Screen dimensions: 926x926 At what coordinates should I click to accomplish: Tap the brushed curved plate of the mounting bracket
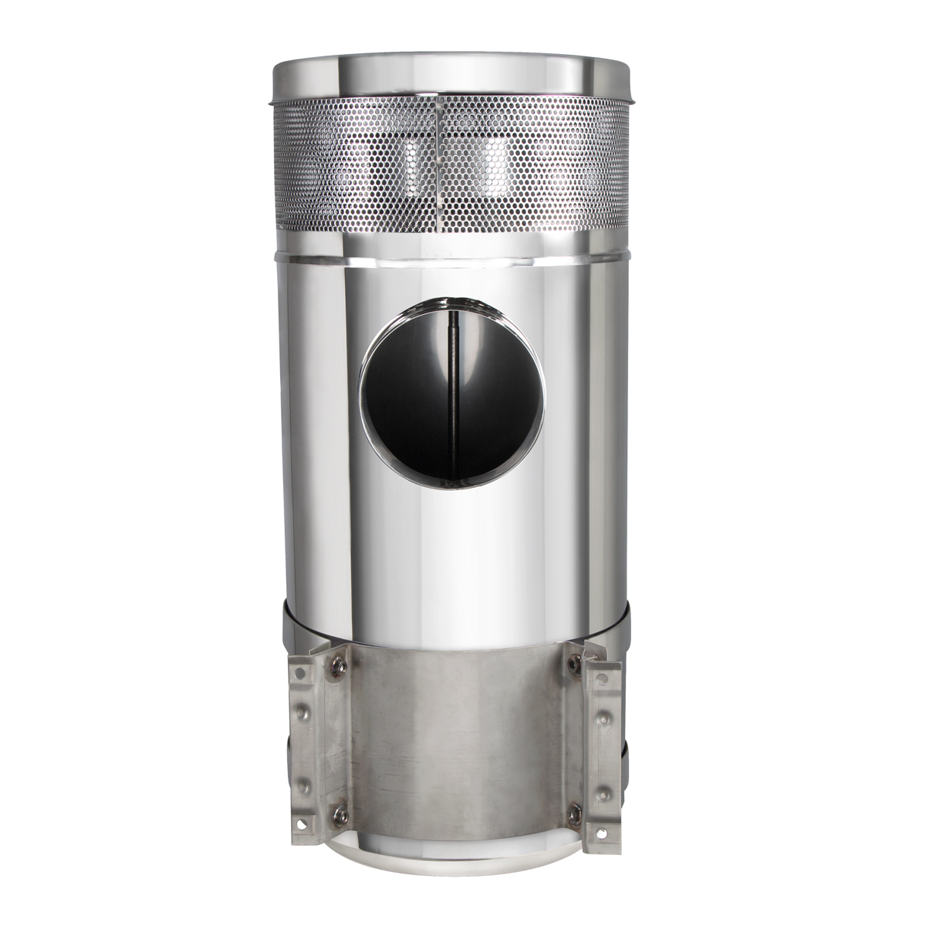pyautogui.click(x=455, y=741)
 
